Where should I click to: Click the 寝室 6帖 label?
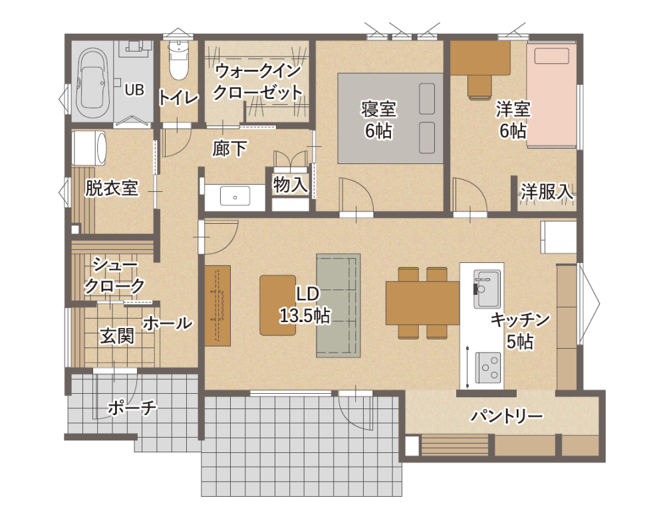click(379, 119)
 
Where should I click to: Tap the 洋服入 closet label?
click(547, 192)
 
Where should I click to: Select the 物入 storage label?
click(291, 185)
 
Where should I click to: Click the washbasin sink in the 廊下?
click(234, 197)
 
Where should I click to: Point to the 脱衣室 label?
click(111, 188)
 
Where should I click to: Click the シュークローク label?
click(113, 276)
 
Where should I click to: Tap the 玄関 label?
click(117, 336)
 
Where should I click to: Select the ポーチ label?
click(132, 407)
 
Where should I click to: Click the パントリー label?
click(507, 416)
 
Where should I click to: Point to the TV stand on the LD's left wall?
click(217, 305)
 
